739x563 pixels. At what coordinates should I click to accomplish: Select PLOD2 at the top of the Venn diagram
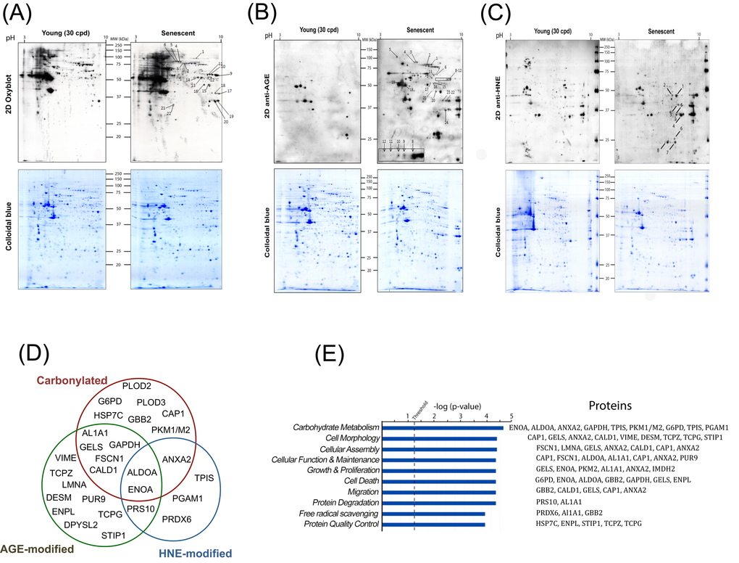point(136,385)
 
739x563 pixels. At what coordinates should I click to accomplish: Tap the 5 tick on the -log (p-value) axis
point(512,416)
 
